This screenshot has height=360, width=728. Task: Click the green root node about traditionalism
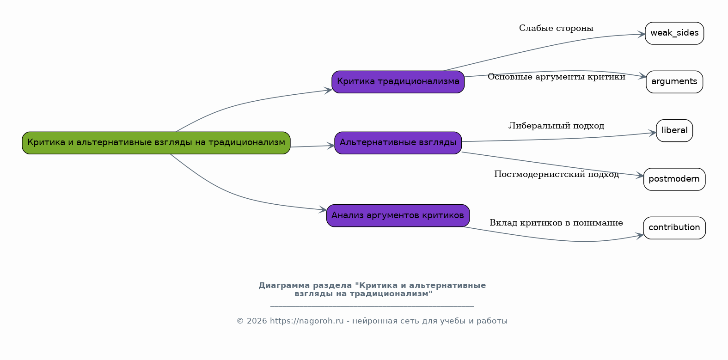pyautogui.click(x=156, y=143)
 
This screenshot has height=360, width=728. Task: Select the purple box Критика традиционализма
pyautogui.click(x=398, y=82)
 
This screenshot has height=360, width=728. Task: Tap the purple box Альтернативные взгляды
pyautogui.click(x=398, y=143)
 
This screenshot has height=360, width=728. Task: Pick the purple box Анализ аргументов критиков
pyautogui.click(x=398, y=216)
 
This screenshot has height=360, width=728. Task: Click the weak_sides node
pyautogui.click(x=674, y=33)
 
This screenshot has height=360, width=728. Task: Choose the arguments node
pyautogui.click(x=674, y=82)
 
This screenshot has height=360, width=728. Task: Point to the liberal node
pyautogui.click(x=674, y=131)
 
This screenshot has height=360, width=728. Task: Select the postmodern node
pyautogui.click(x=674, y=179)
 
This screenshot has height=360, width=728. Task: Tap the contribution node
pyautogui.click(x=674, y=228)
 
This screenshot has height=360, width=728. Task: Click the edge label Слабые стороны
pyautogui.click(x=556, y=28)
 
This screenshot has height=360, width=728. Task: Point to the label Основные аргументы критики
pyautogui.click(x=557, y=77)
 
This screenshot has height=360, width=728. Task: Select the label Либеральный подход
pyautogui.click(x=557, y=126)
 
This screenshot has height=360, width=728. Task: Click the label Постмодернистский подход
pyautogui.click(x=557, y=175)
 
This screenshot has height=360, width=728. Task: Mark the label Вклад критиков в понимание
pyautogui.click(x=556, y=223)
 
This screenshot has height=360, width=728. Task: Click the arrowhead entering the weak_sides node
pyautogui.click(x=641, y=35)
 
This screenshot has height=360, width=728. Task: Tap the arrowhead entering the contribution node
pyautogui.click(x=640, y=236)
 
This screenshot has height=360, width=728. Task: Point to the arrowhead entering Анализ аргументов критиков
pyautogui.click(x=323, y=209)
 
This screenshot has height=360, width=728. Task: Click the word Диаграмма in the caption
pyautogui.click(x=284, y=286)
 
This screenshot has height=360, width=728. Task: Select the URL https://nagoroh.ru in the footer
pyautogui.click(x=306, y=321)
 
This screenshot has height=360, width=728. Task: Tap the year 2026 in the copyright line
pyautogui.click(x=257, y=321)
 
